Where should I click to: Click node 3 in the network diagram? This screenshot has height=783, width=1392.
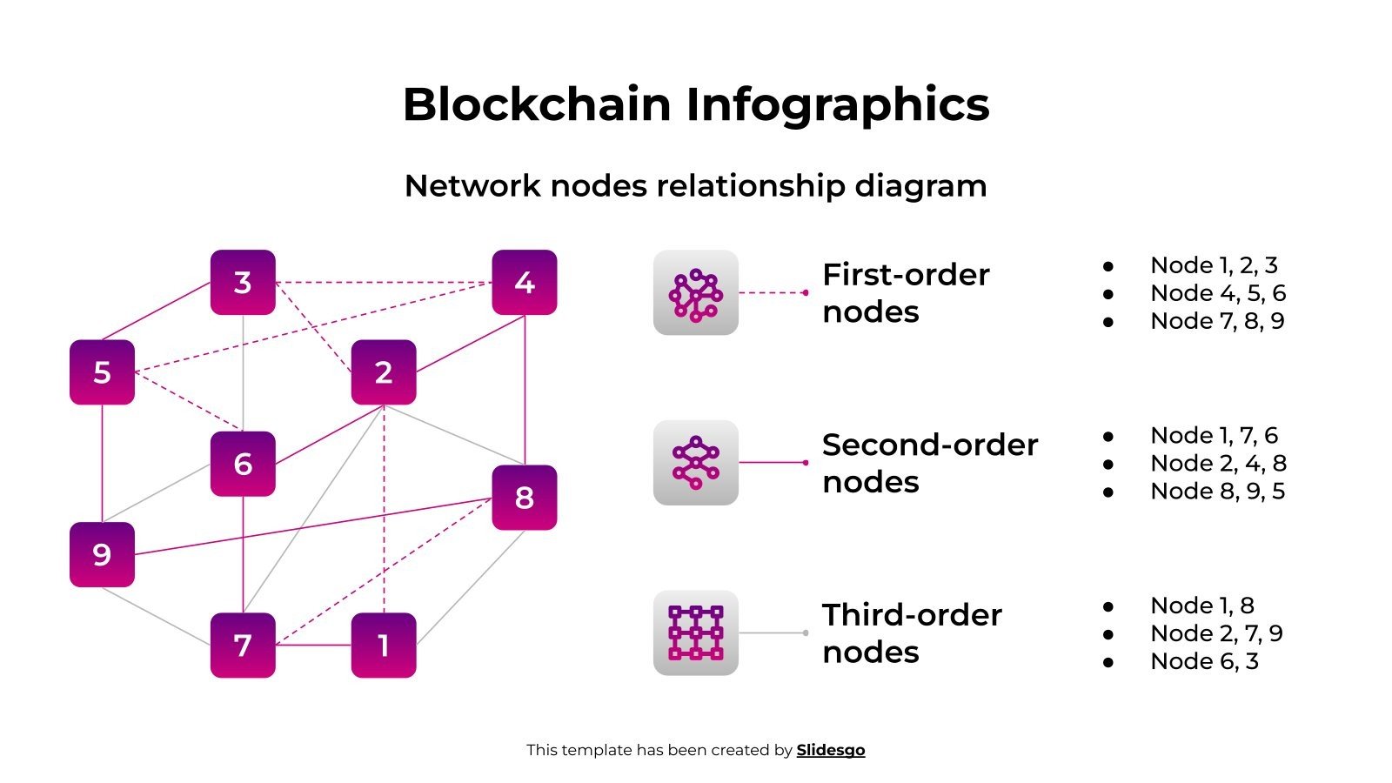243,282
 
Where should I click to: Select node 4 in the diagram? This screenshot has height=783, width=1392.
524,282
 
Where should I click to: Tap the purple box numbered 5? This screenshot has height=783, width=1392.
102,372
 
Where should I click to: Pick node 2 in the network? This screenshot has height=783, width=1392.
383,372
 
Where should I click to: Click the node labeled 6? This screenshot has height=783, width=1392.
243,464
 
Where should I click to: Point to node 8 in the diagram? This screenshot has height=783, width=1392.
524,498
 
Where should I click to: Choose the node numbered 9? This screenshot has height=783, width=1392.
102,554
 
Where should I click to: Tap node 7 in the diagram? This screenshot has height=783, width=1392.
243,646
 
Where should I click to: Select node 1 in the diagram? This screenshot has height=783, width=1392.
383,646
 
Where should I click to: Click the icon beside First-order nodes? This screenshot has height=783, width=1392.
695,293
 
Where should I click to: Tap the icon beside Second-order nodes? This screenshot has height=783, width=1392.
695,463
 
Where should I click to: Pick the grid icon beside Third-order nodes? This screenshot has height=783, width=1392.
695,632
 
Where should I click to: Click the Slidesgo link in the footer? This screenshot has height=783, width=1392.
830,750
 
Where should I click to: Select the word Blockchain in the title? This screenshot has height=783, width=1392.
537,104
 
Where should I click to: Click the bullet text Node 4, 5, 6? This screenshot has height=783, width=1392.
1217,293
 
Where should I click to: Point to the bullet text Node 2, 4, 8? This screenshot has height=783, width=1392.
1217,463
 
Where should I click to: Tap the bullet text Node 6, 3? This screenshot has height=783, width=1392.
1204,661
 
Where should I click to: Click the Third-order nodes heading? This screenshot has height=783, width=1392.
911,632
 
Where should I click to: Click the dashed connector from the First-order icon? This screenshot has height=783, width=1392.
773,293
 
